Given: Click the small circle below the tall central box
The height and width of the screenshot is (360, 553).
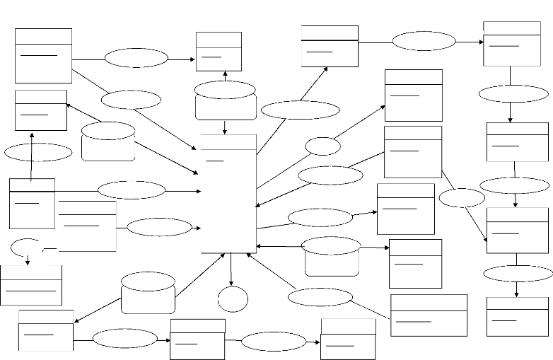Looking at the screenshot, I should [233, 298].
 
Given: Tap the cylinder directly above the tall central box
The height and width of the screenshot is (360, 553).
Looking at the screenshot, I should [225, 100].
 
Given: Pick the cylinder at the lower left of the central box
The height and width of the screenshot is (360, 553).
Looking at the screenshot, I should [148, 292].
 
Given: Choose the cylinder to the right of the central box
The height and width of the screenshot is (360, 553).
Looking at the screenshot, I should [331, 256].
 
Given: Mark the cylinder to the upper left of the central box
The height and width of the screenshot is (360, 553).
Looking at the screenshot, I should [108, 141].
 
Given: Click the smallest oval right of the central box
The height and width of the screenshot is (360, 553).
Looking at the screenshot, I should [323, 146].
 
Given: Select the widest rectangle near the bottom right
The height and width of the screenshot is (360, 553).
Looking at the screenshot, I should [429, 315].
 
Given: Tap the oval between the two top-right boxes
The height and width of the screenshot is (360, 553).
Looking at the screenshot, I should [424, 41].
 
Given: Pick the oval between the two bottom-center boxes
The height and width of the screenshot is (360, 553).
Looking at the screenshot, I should [274, 342].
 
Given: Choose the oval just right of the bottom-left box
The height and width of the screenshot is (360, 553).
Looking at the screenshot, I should [124, 338].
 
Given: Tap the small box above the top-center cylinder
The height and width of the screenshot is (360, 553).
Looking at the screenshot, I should [219, 51].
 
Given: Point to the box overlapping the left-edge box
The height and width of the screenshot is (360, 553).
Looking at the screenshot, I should [87, 226].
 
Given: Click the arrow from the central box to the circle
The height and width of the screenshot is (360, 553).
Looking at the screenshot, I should [231, 269].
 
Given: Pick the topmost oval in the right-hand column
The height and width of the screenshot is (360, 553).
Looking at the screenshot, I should [509, 93].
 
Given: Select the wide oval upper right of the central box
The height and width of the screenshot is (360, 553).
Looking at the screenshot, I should [300, 110].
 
